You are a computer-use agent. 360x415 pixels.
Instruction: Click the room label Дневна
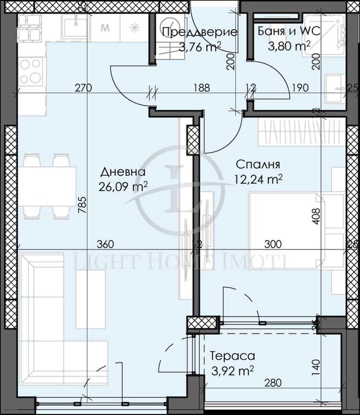(x=124, y=172)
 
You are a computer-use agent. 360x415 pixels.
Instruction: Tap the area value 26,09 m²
(x=124, y=187)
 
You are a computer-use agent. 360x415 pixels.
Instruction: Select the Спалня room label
(x=258, y=164)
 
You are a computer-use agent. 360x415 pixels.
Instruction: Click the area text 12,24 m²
(x=258, y=179)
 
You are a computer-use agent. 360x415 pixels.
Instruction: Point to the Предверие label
(x=200, y=33)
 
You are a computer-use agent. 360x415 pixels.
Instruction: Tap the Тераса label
(x=232, y=356)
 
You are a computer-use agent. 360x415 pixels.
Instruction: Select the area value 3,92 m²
(x=232, y=372)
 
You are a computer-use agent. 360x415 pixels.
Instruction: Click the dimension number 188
(x=203, y=88)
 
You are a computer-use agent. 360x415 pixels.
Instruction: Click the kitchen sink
(x=74, y=27)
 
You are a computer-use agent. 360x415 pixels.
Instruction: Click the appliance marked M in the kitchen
(x=106, y=27)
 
